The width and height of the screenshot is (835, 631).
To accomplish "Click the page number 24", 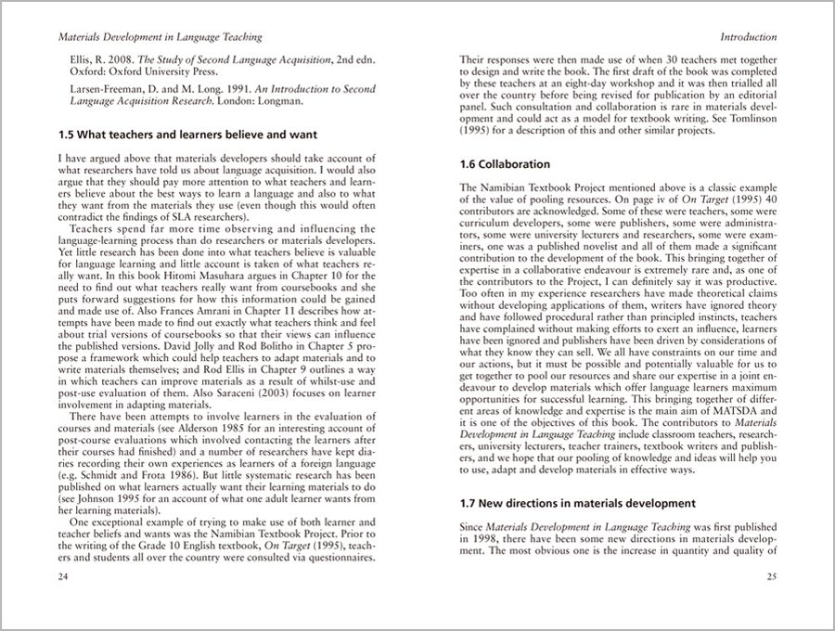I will (x=62, y=577).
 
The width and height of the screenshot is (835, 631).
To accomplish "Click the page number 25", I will (x=771, y=577).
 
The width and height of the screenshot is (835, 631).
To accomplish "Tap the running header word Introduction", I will (x=746, y=38).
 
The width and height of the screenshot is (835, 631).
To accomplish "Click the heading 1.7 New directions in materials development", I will (x=590, y=504).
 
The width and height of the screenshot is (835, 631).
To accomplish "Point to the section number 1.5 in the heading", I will (x=67, y=134).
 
